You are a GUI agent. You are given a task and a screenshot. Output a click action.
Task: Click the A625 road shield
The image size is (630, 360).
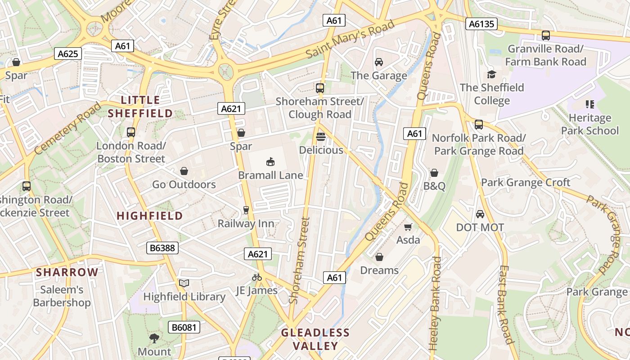click(x=68, y=54)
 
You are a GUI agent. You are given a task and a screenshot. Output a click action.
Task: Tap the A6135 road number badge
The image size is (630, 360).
click(x=481, y=24)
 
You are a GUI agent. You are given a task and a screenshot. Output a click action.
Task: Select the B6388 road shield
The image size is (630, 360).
click(x=162, y=248)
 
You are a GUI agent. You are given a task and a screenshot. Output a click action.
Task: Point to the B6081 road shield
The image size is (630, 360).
click(x=184, y=327)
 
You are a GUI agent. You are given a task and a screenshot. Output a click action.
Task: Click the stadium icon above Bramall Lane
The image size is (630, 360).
click(x=270, y=162)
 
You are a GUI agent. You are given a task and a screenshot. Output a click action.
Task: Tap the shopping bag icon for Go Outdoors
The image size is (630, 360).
click(x=184, y=171)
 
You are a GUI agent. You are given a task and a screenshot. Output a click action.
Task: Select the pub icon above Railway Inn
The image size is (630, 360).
click(x=246, y=210)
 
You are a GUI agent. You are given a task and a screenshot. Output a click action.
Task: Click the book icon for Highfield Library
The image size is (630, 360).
click(x=184, y=283)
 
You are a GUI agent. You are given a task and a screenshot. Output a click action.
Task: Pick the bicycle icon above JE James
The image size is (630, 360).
click(x=257, y=277)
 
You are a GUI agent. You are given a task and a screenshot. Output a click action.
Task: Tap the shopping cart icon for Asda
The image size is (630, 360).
click(x=408, y=227)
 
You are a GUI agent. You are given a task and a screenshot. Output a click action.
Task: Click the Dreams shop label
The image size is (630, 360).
click(x=379, y=270)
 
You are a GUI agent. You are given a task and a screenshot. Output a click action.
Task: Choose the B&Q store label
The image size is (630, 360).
click(x=434, y=186)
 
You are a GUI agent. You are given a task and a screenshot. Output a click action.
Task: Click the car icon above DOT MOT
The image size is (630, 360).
click(x=480, y=214)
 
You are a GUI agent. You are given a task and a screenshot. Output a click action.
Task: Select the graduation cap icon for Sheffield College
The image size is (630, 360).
click(x=491, y=74)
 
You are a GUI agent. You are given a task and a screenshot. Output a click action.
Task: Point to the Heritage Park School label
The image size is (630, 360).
click(x=589, y=124)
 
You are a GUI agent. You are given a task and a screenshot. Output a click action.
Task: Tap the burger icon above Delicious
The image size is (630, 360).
click(x=321, y=136)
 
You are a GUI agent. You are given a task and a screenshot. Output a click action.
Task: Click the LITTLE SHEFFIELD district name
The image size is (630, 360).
click(x=140, y=107)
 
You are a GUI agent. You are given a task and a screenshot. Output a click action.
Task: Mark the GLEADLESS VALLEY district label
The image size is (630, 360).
click(x=315, y=339)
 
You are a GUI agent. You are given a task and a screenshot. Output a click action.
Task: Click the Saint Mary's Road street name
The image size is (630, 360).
click(x=350, y=39)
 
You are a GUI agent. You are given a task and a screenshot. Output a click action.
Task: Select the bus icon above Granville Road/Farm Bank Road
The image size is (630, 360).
click(x=546, y=36)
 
